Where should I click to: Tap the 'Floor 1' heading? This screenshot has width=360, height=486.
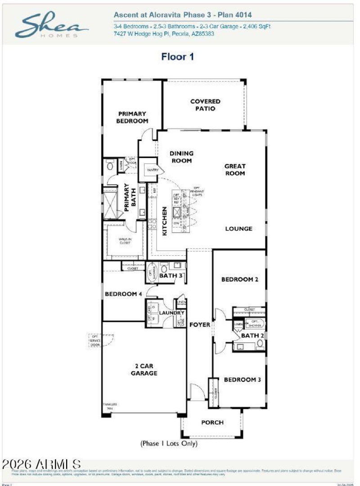177,57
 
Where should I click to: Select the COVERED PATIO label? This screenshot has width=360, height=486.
205,105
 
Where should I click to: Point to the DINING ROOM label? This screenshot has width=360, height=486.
181,157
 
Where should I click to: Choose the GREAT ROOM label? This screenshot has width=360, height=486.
235,169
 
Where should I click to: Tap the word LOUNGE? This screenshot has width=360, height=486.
238,229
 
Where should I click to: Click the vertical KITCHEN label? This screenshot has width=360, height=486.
165,221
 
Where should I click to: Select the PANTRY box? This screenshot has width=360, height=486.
150,170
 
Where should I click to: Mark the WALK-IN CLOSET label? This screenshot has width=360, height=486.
125,241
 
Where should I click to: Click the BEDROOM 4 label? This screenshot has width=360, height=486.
123,294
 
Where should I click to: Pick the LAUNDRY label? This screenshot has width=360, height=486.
171,313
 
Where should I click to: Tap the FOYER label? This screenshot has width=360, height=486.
200,324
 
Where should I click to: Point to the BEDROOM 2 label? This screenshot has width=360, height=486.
239,279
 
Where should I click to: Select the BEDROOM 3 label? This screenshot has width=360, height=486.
242,380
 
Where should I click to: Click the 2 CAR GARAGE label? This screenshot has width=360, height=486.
144,369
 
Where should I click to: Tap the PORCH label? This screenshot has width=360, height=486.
212,422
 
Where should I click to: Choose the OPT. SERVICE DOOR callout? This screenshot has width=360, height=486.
95,340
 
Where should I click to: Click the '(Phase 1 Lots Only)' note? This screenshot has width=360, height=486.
169,444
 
